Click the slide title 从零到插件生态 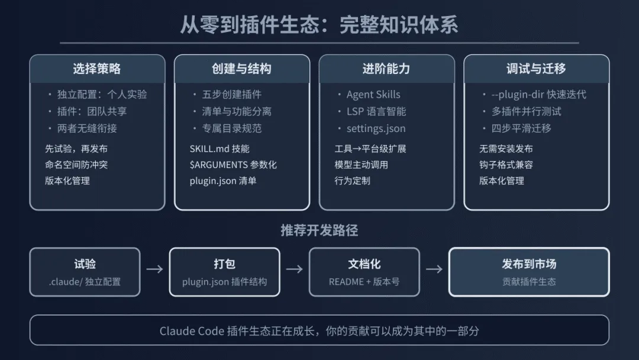(x=319, y=25)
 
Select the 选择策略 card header (x=97, y=69)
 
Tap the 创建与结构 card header (x=241, y=69)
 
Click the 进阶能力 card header (x=386, y=69)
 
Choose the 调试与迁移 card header (x=536, y=69)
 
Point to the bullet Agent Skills (x=373, y=95)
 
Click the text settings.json (x=376, y=128)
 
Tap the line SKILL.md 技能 (x=220, y=149)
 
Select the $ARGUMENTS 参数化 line (x=233, y=165)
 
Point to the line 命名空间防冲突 (x=76, y=165)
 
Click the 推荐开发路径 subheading (x=319, y=230)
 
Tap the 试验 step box (x=85, y=272)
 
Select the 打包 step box (x=224, y=272)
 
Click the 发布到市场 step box (x=529, y=272)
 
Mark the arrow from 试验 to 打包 (x=154, y=269)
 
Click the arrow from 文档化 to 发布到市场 (x=434, y=269)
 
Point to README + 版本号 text (x=364, y=282)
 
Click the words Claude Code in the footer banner (x=191, y=331)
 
